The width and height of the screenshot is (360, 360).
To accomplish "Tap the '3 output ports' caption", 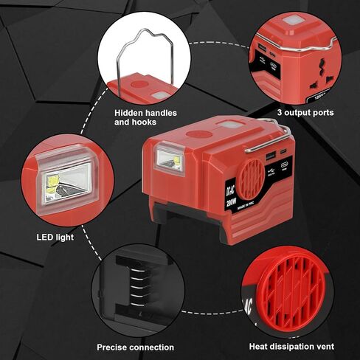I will click(x=305, y=113).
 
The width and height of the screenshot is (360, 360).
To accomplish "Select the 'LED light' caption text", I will click(x=55, y=238).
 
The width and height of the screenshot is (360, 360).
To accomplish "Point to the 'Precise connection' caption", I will click(x=136, y=346).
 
